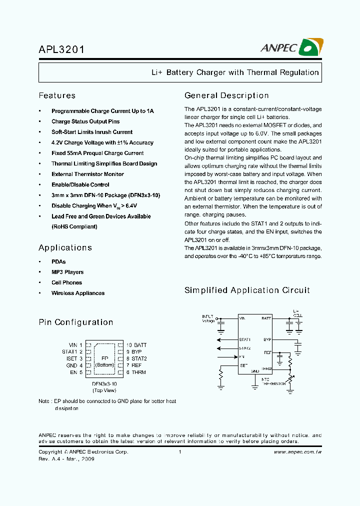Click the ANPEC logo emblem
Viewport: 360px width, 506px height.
(310, 47)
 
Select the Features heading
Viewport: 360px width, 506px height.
(57, 95)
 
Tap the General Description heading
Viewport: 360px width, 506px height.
(226, 95)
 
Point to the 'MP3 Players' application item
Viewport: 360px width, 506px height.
(67, 272)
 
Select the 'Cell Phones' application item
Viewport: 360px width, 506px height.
(66, 282)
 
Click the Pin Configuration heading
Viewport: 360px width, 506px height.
(76, 322)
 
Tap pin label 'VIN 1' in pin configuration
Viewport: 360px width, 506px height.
(75, 345)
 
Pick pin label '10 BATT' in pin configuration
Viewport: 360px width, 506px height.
(136, 345)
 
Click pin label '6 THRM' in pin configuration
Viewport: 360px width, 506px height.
(135, 372)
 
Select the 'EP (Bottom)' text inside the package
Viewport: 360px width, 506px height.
(104, 362)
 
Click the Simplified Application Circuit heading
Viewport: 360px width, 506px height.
(247, 290)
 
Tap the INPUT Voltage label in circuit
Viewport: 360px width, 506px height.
(208, 318)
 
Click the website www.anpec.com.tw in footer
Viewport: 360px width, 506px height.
(297, 451)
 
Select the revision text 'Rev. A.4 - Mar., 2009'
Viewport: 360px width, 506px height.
(66, 459)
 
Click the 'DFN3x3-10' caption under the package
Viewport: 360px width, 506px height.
(104, 383)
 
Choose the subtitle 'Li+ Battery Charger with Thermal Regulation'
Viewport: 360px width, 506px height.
(235, 72)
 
